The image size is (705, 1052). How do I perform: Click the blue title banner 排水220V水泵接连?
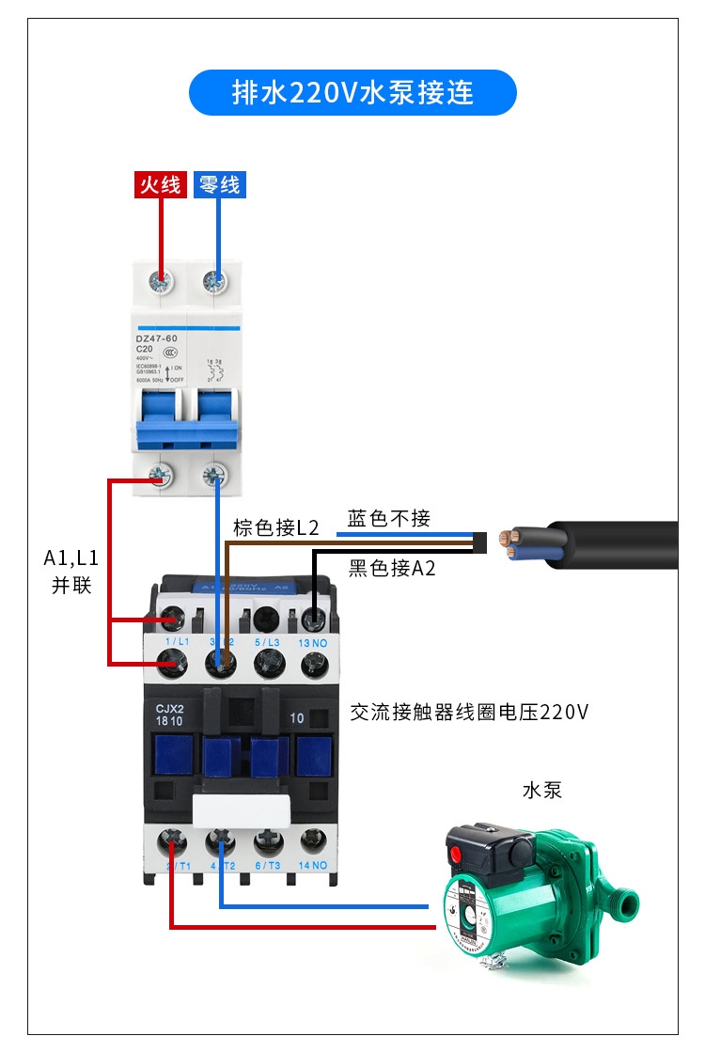(x=352, y=93)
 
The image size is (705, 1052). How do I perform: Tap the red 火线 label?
(x=160, y=184)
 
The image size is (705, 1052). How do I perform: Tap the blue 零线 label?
(x=219, y=184)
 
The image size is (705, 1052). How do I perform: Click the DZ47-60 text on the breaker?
(x=157, y=337)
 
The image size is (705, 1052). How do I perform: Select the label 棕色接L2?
(x=276, y=527)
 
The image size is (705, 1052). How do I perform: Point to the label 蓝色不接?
(x=388, y=518)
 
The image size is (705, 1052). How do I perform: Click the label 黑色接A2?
(x=392, y=568)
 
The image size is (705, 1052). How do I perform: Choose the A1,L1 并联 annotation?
(x=71, y=572)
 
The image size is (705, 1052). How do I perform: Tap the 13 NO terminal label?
(x=312, y=641)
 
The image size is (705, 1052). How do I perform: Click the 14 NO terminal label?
(x=312, y=865)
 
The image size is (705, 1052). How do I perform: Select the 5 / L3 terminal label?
(x=267, y=641)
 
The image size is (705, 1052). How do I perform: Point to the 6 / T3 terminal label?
(x=267, y=865)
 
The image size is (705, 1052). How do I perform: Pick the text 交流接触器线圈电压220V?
(x=468, y=712)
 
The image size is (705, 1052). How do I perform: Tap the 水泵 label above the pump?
(x=541, y=790)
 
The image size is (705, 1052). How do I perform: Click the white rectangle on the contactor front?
(x=242, y=809)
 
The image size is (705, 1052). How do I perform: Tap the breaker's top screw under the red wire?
(x=162, y=280)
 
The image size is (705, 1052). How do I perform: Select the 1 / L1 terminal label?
(x=177, y=641)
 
